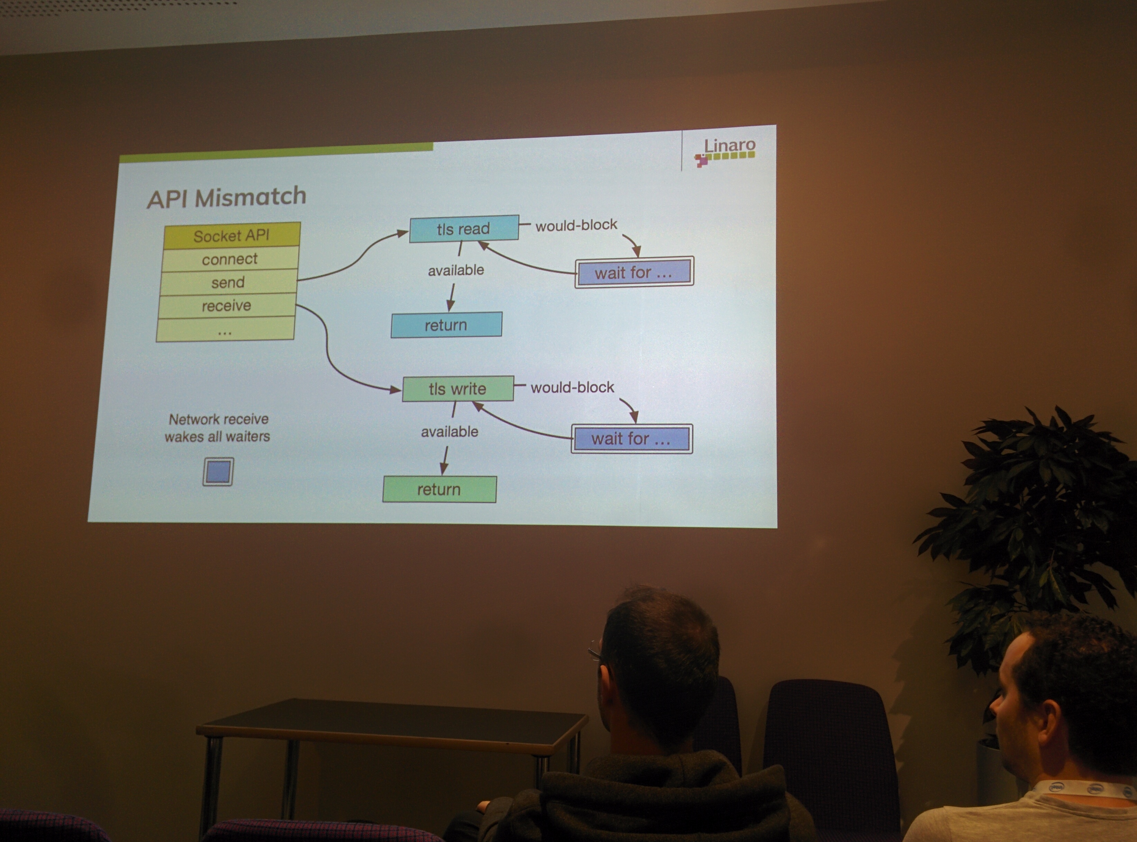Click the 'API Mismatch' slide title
click(227, 197)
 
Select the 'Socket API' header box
click(232, 235)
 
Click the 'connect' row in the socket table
click(230, 259)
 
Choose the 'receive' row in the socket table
click(227, 305)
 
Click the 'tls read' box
click(464, 229)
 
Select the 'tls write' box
click(457, 389)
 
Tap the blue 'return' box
click(446, 325)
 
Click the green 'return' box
click(439, 489)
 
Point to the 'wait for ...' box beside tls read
click(634, 272)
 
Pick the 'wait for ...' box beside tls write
click(632, 438)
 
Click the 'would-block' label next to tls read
click(576, 225)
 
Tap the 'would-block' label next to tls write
click(573, 387)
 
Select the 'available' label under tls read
click(456, 270)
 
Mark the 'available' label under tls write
click(449, 432)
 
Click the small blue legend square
click(218, 472)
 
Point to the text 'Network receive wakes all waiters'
click(218, 428)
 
